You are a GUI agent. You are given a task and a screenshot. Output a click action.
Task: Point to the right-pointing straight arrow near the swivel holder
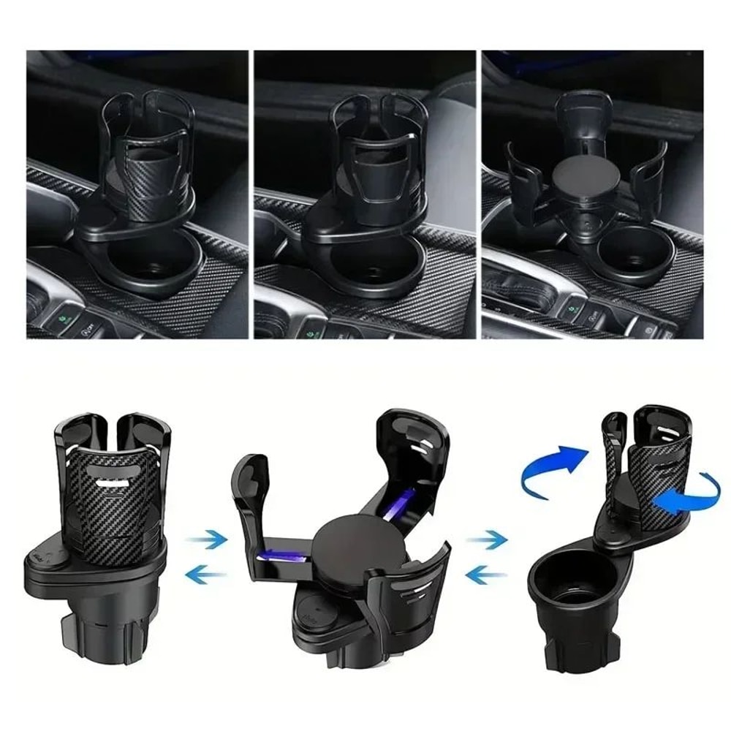click(x=486, y=540)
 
